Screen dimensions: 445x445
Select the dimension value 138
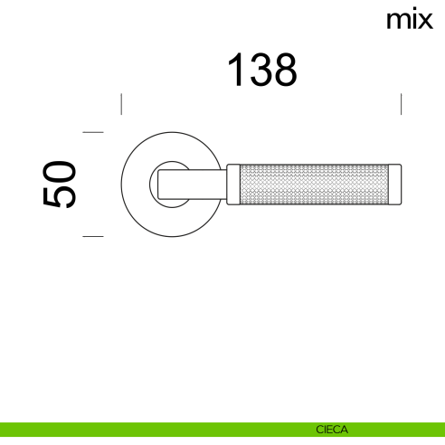click(x=261, y=70)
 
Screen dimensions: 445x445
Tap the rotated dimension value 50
click(x=59, y=185)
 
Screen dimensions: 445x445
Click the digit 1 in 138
click(x=234, y=70)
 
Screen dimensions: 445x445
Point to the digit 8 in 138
click(x=285, y=70)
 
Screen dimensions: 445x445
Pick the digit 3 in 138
click(x=260, y=70)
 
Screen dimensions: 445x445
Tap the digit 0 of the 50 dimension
click(x=59, y=172)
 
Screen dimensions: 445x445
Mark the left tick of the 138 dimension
click(x=121, y=104)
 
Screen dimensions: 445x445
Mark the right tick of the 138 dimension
click(x=401, y=104)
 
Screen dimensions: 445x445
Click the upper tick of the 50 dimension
click(x=93, y=132)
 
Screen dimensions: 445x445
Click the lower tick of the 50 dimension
click(x=93, y=237)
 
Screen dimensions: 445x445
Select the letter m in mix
click(x=397, y=19)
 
